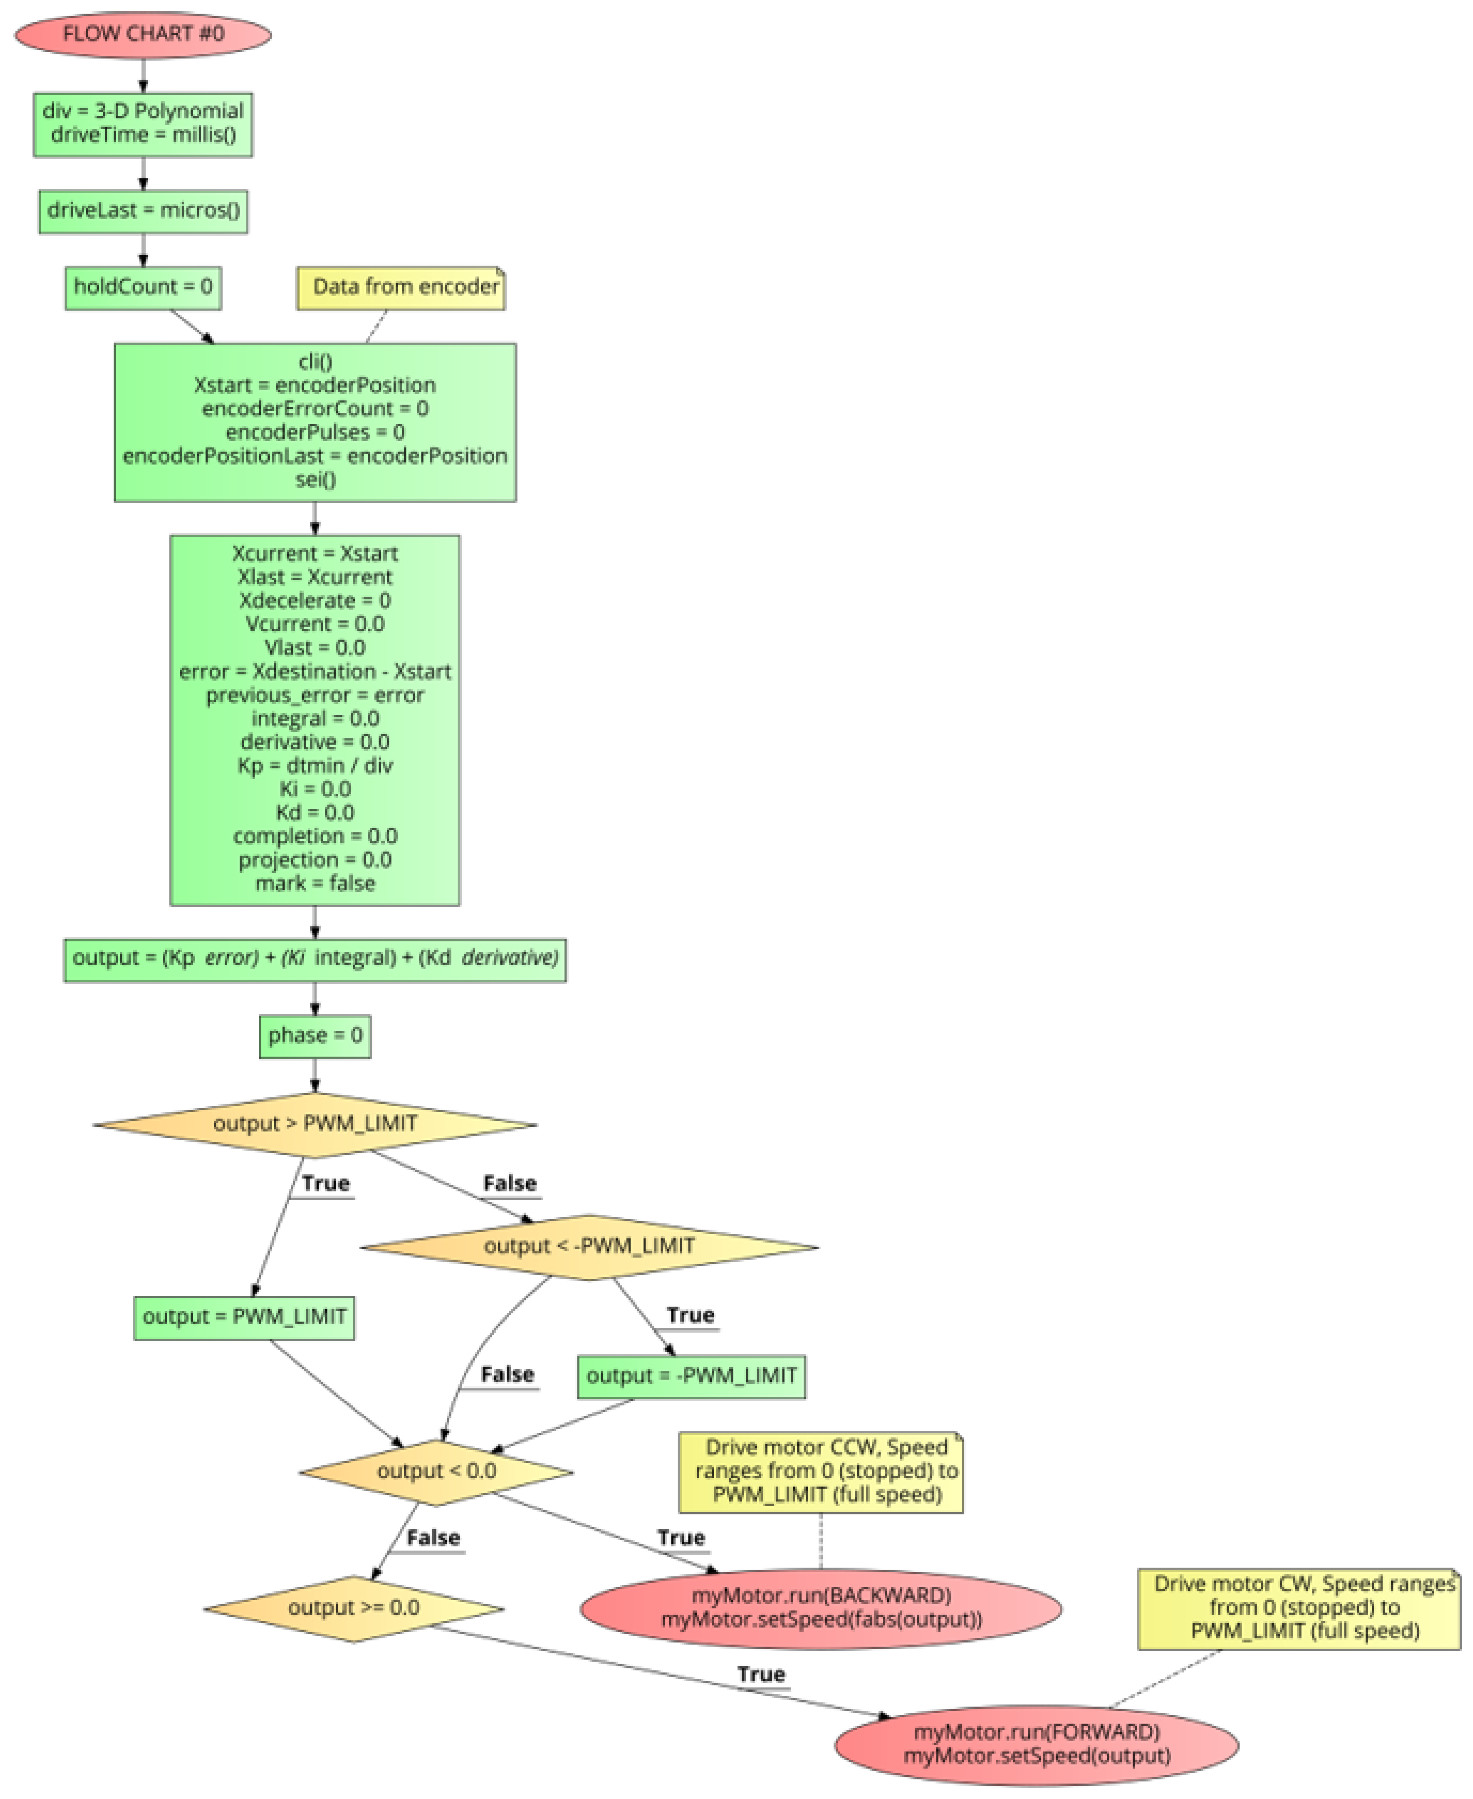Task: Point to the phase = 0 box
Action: [315, 1035]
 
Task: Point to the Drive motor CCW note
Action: [821, 1471]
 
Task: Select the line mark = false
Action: [315, 883]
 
